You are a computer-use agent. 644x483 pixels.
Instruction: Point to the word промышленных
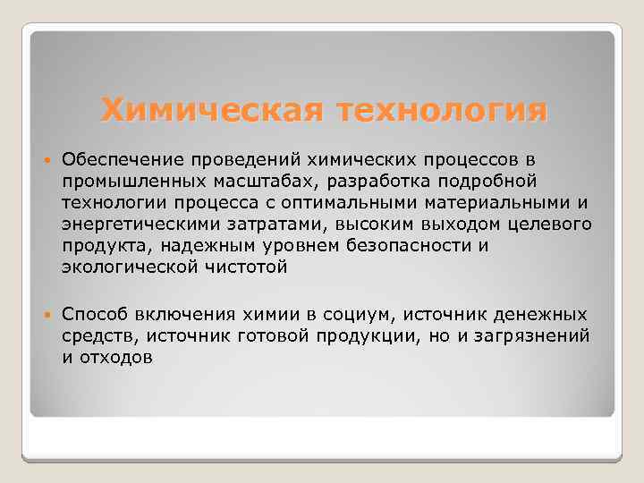pyautogui.click(x=119, y=181)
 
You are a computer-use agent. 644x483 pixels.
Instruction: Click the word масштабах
pyautogui.click(x=232, y=181)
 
